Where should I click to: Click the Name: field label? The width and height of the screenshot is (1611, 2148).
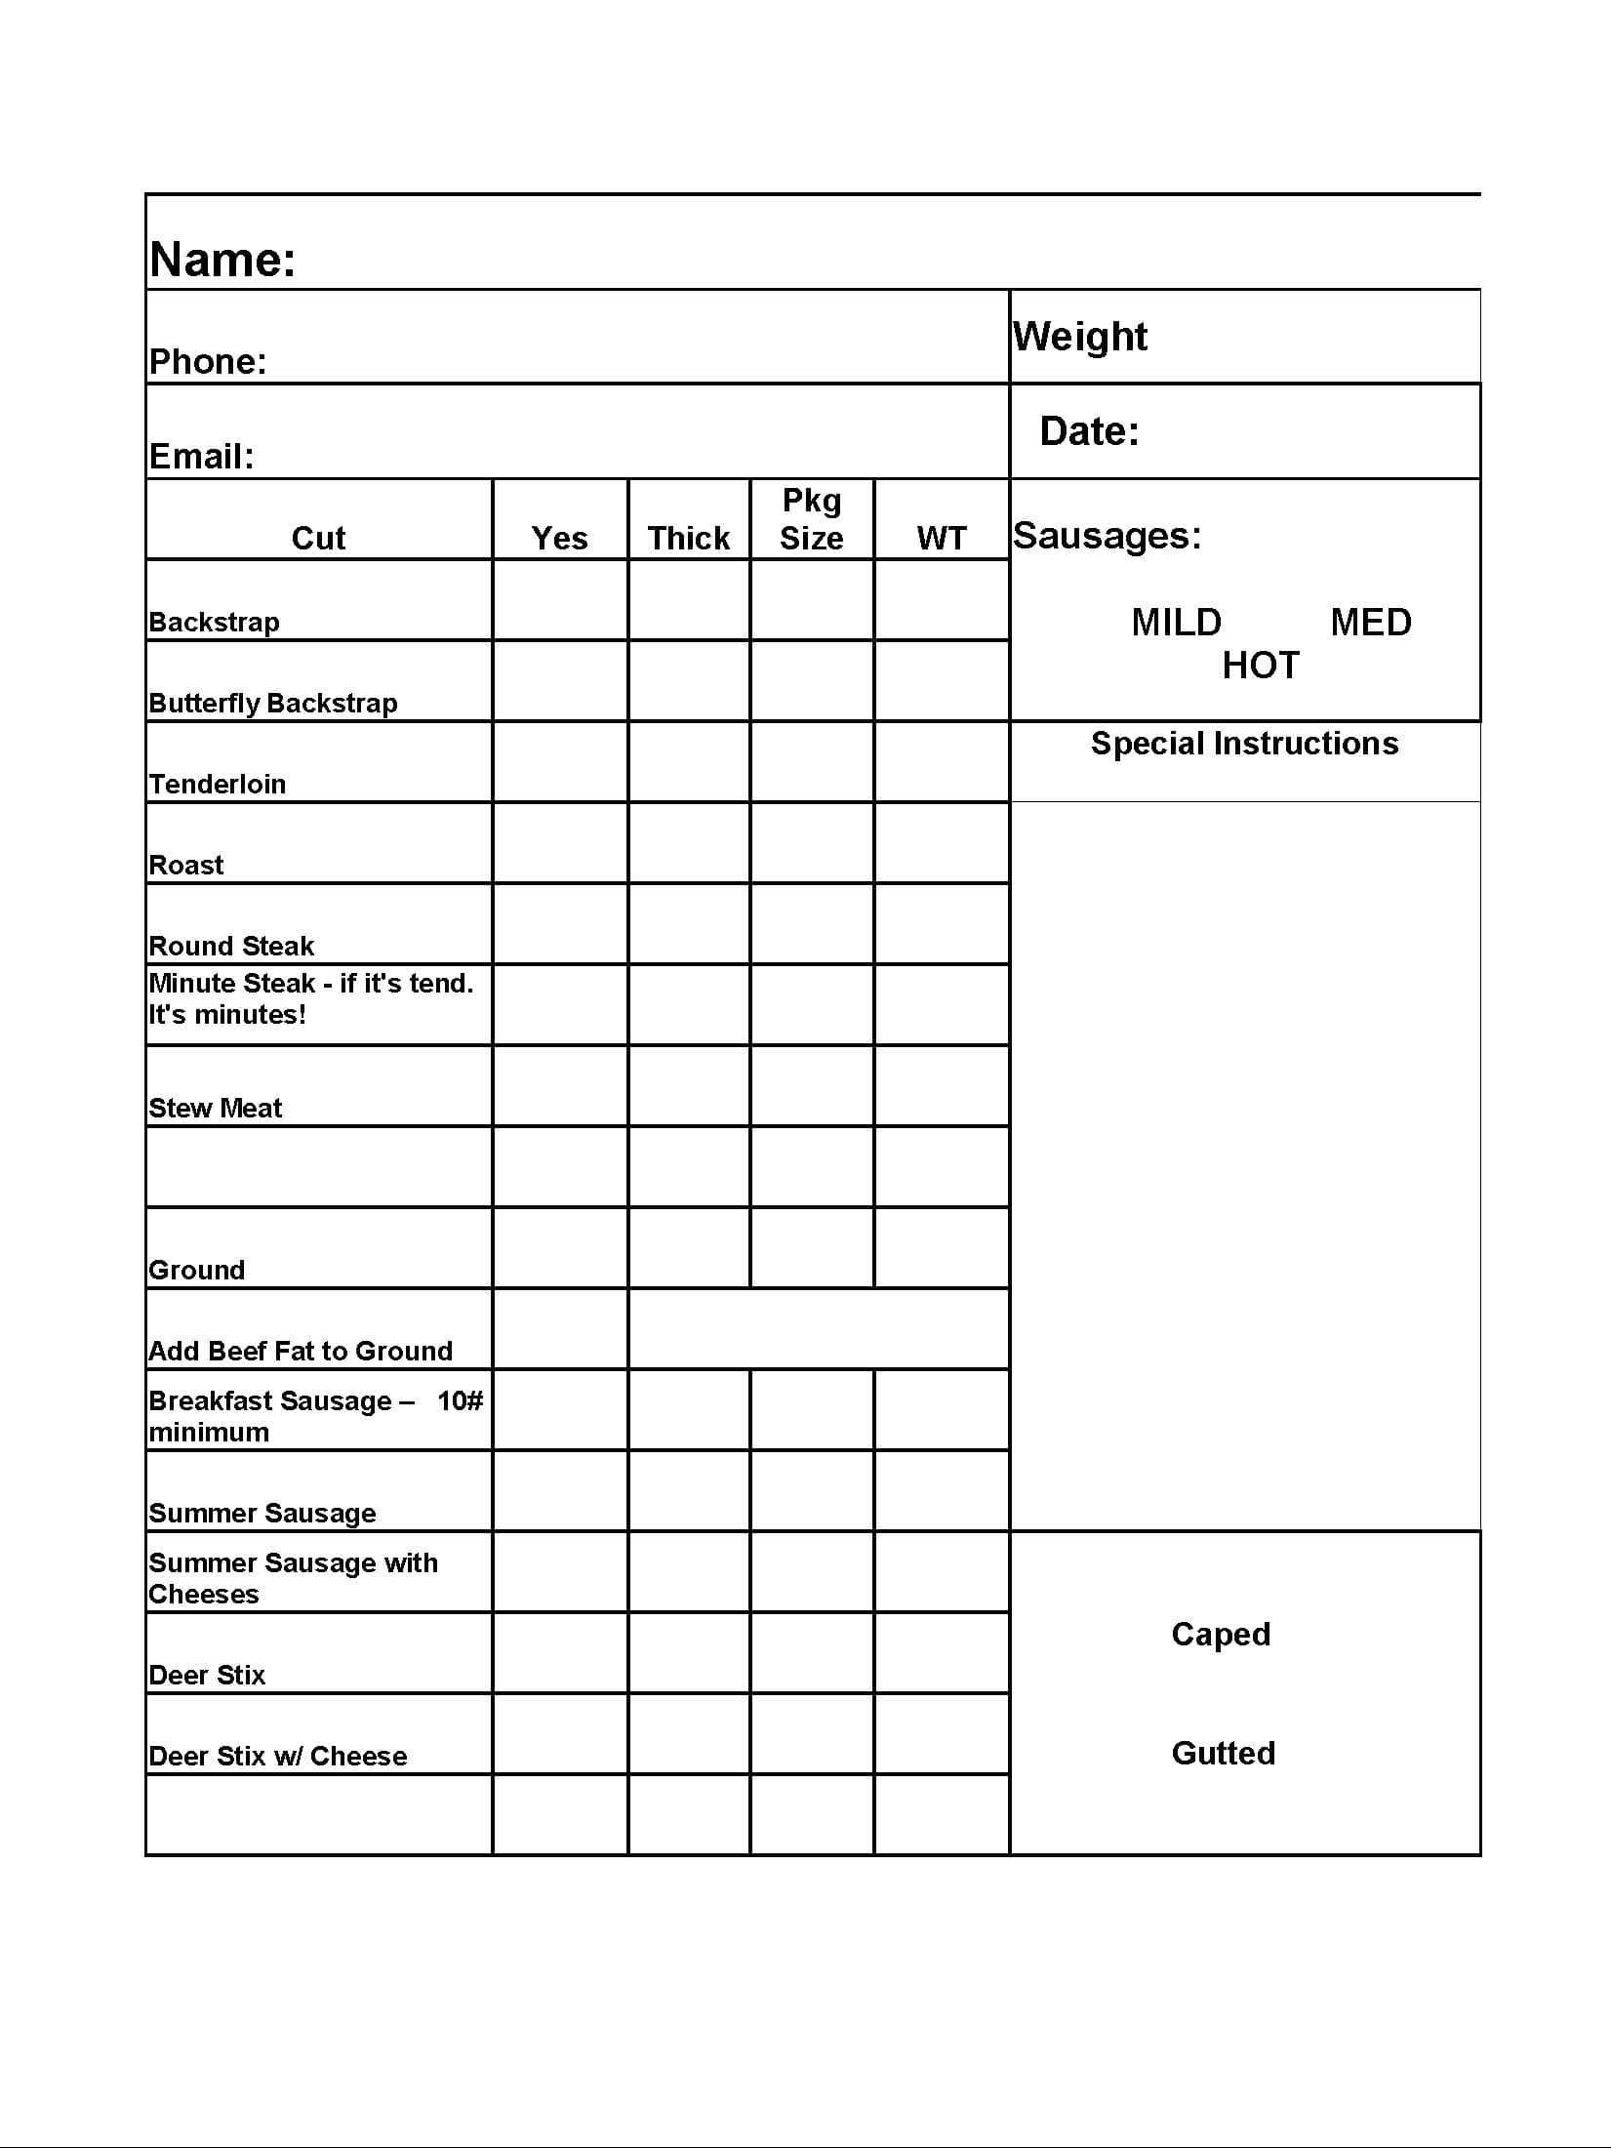pyautogui.click(x=222, y=260)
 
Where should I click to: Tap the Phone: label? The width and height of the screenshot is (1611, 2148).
pyautogui.click(x=208, y=362)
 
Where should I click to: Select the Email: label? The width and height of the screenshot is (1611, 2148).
pyautogui.click(x=202, y=456)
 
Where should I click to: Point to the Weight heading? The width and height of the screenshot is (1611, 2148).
pyautogui.click(x=1079, y=337)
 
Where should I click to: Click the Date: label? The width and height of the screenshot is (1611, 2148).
pyautogui.click(x=1089, y=431)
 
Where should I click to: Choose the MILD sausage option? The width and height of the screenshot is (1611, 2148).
pyautogui.click(x=1176, y=623)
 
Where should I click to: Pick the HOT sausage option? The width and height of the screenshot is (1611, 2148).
pyautogui.click(x=1261, y=666)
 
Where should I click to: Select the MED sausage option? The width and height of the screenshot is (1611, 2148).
pyautogui.click(x=1370, y=623)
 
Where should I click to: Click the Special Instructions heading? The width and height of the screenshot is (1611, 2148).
pyautogui.click(x=1244, y=744)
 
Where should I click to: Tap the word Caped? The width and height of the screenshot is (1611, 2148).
pyautogui.click(x=1221, y=1634)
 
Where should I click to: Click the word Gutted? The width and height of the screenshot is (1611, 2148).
pyautogui.click(x=1223, y=1753)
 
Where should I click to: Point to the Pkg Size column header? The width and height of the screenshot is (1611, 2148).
pyautogui.click(x=811, y=519)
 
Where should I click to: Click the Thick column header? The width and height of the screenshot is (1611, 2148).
pyautogui.click(x=689, y=538)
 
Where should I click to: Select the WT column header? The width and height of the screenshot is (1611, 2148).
pyautogui.click(x=941, y=538)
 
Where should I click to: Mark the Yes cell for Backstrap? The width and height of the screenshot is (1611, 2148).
pyautogui.click(x=560, y=600)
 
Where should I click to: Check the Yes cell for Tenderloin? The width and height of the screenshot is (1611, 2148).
pyautogui.click(x=560, y=762)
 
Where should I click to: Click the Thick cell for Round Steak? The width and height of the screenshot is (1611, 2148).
pyautogui.click(x=689, y=924)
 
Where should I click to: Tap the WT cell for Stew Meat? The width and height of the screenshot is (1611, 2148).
pyautogui.click(x=941, y=1086)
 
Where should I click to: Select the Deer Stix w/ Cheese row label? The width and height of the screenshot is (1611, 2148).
pyautogui.click(x=278, y=1756)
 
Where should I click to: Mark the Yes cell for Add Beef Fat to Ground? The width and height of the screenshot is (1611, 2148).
pyautogui.click(x=560, y=1329)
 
